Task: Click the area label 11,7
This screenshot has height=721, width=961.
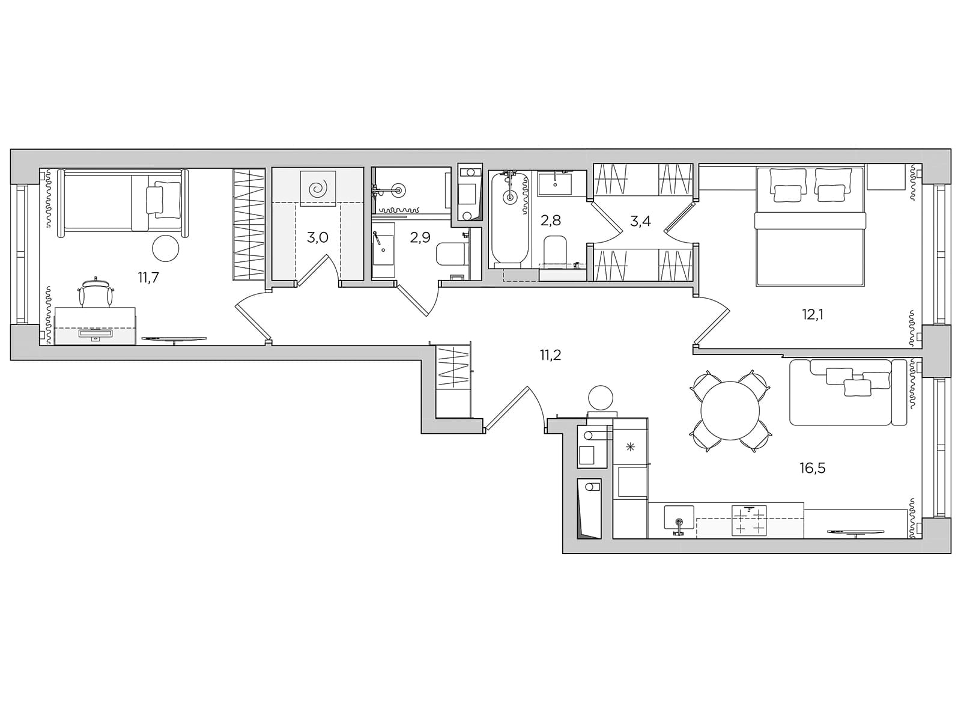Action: coord(148,278)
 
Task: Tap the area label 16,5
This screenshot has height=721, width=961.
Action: coord(813,469)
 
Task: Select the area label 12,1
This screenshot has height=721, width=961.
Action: coord(813,314)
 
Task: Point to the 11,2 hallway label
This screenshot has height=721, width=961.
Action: coord(550,355)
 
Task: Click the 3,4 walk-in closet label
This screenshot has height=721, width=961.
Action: coord(640,222)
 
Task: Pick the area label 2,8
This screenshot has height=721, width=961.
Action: coord(550,220)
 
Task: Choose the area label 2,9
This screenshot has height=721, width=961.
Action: coord(420,238)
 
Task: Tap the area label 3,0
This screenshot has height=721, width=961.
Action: coord(317,238)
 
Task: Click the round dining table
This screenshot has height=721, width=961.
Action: coord(730,411)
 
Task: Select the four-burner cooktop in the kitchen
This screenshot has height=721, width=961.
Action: coord(750,520)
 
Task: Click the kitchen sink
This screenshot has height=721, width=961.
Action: coord(679,517)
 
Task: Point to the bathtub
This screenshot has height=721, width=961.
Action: coord(509,220)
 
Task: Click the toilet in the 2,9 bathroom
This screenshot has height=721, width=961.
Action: coord(451,254)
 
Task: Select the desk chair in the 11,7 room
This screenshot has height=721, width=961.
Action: coord(96,293)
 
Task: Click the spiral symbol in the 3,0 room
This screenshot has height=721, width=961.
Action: coord(318,189)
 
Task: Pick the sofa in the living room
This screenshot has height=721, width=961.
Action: coord(847,392)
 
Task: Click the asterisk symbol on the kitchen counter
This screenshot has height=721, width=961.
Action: coord(630,447)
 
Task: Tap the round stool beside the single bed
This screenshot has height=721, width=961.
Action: coord(166,248)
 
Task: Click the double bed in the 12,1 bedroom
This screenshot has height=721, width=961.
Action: coord(810,226)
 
